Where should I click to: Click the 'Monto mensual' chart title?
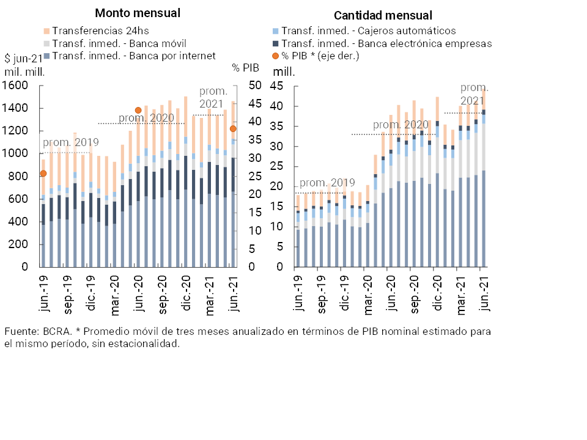138,13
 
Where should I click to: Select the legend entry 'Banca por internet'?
134,56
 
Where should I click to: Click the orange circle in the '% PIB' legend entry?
276,56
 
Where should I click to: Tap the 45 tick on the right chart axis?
278,86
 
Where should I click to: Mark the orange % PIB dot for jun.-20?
138,111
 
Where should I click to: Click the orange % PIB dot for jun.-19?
43,174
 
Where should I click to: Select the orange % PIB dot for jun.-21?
233,129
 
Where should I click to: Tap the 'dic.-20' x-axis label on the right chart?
437,295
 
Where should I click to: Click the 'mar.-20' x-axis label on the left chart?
114,295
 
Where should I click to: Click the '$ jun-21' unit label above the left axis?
23,59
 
